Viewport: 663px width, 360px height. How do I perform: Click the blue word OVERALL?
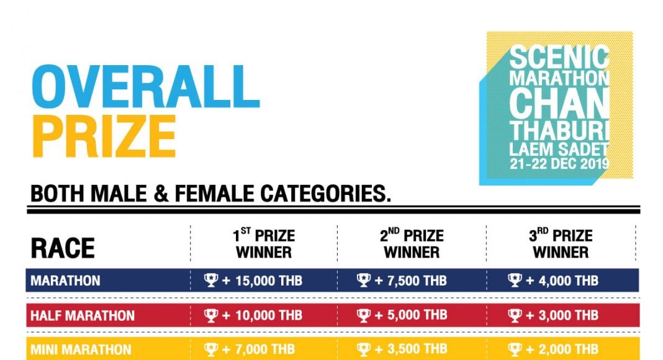tap(145, 87)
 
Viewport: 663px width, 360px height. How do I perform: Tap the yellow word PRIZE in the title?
tap(104, 136)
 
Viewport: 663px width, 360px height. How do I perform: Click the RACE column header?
tap(63, 248)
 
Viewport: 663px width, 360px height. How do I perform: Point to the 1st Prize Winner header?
tap(264, 243)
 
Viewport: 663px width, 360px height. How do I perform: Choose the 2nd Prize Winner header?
tap(412, 243)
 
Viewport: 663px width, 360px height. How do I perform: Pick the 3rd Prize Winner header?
tap(561, 243)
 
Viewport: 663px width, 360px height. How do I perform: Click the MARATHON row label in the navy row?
tap(66, 281)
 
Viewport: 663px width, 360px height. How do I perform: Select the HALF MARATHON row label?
tap(83, 316)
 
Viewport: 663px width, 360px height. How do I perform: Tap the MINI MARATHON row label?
tap(81, 350)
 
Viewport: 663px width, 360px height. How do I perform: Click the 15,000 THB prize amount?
tap(269, 281)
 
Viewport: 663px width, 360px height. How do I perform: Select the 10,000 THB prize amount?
tap(269, 315)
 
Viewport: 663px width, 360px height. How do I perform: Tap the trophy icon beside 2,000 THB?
tap(515, 349)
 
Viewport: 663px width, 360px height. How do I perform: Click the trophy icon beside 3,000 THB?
tap(515, 315)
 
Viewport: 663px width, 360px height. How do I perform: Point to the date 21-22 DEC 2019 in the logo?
tap(559, 164)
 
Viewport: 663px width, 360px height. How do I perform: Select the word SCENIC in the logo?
tap(559, 58)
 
